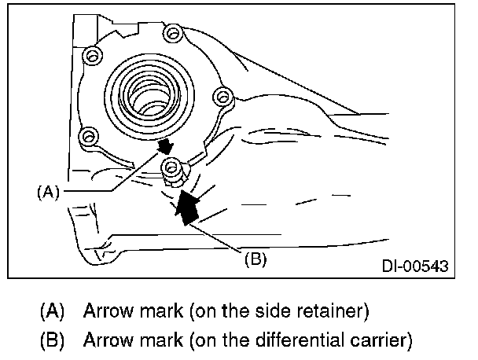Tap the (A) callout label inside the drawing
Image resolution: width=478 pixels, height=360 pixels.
pyautogui.click(x=50, y=191)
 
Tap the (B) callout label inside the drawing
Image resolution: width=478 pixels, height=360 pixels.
pyautogui.click(x=253, y=259)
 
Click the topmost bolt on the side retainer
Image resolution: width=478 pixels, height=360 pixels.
pyautogui.click(x=171, y=33)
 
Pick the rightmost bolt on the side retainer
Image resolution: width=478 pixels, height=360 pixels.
pyautogui.click(x=224, y=97)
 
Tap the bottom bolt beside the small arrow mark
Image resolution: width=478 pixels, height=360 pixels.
pyautogui.click(x=171, y=167)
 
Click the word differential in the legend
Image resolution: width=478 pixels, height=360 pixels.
pyautogui.click(x=285, y=341)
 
